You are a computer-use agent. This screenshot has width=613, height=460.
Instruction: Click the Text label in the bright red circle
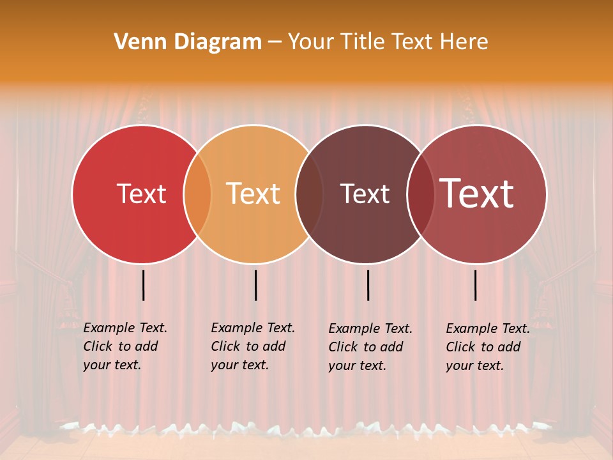coord(141,194)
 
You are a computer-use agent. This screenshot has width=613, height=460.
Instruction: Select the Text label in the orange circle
coord(254,194)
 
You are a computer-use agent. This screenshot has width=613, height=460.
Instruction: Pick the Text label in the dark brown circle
coord(365,194)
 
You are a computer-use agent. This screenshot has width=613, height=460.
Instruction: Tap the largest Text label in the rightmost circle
coord(477,194)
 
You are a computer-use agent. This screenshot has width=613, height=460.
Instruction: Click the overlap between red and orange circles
coord(197,194)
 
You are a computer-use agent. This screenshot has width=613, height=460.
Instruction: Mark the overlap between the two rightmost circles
coord(420,194)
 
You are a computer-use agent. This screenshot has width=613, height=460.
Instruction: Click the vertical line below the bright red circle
coord(143,285)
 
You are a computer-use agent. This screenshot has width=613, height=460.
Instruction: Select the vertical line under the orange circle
coord(255,285)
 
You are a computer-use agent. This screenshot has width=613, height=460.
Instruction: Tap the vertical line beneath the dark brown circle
coord(368,285)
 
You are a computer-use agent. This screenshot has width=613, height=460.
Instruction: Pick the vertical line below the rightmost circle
coord(475,285)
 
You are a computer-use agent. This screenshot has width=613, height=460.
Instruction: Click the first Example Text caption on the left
coord(125,346)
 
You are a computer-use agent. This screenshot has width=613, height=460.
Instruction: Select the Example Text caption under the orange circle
coord(253,346)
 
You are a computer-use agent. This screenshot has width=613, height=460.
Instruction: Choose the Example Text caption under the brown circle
coord(370,347)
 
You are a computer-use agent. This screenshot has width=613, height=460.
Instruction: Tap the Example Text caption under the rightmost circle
coord(488,347)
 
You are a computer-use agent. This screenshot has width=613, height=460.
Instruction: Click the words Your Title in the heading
coord(337,42)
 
